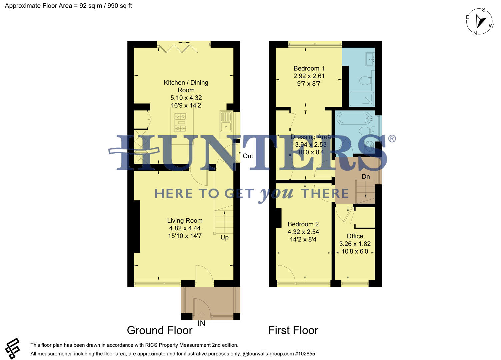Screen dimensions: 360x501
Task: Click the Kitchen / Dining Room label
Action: click(186, 86)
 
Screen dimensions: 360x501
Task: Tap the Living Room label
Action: click(185, 221)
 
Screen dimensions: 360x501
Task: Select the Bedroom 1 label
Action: click(309, 68)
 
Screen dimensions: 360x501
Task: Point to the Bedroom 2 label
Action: click(303, 224)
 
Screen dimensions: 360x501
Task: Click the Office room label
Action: click(355, 236)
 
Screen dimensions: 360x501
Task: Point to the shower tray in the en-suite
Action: click(362, 99)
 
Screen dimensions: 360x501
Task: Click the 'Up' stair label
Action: click(224, 237)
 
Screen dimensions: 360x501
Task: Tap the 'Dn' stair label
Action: click(366, 177)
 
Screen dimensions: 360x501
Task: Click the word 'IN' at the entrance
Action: click(201, 324)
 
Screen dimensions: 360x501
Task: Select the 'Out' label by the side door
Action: click(248, 156)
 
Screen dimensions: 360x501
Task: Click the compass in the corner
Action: click(480, 21)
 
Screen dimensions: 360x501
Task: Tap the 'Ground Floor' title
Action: click(159, 330)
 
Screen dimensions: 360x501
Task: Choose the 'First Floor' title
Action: click(293, 330)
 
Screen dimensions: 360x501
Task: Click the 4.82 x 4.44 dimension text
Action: click(185, 228)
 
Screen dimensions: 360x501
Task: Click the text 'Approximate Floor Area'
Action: click(38, 6)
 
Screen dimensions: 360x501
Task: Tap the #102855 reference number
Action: click(305, 354)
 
